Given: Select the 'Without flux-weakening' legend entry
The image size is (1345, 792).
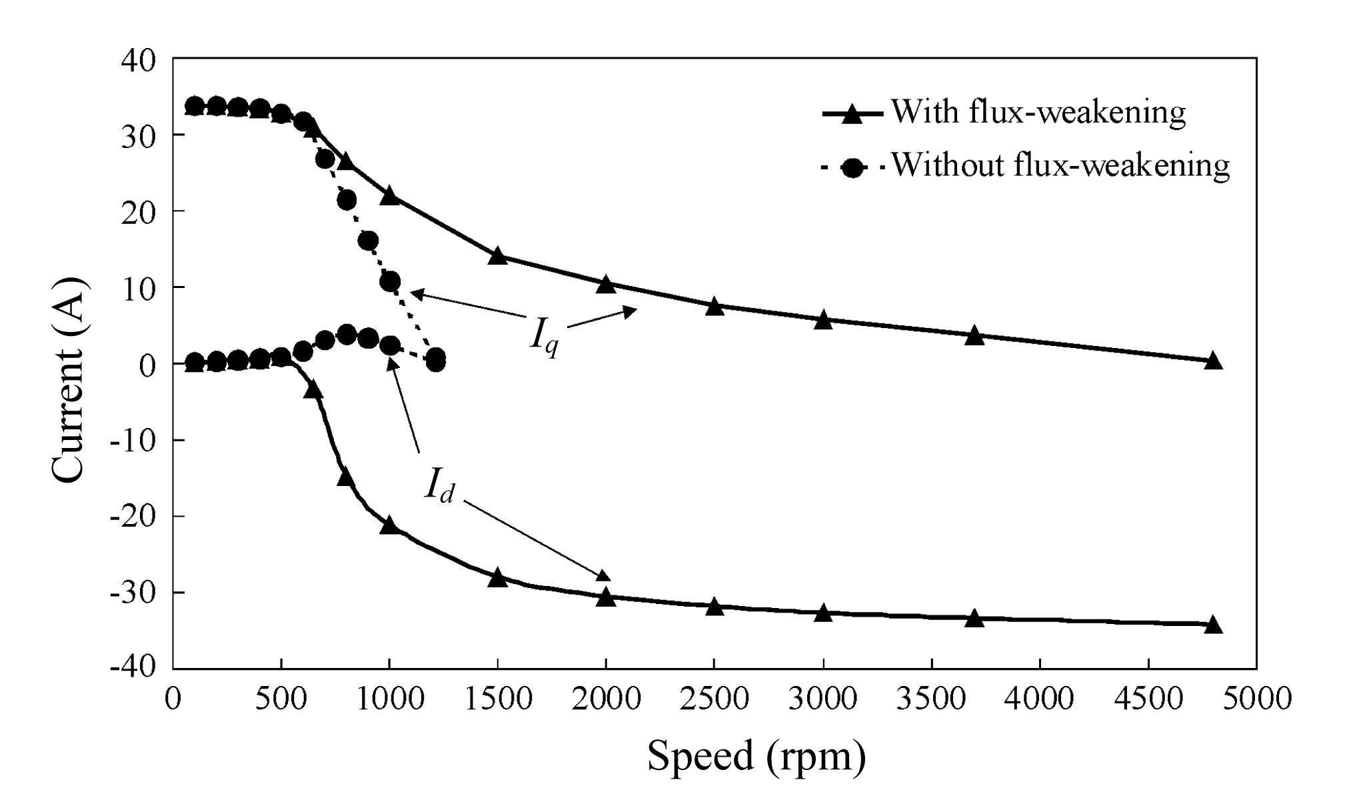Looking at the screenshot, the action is click(x=1025, y=165).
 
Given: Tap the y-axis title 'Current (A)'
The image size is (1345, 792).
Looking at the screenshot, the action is click(x=69, y=379).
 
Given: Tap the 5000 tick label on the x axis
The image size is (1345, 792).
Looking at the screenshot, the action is click(x=1256, y=699).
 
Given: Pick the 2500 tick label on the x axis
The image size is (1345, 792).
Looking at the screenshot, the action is click(x=714, y=699).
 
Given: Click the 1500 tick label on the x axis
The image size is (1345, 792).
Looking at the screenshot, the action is click(x=498, y=699).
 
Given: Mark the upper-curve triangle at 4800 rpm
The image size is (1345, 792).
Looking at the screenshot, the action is click(x=1213, y=361).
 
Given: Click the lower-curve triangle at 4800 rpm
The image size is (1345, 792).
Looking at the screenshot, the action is click(x=1213, y=625).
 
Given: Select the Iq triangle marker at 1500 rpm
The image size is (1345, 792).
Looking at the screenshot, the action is click(x=498, y=256).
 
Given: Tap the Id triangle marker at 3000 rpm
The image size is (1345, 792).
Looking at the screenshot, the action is click(x=823, y=613).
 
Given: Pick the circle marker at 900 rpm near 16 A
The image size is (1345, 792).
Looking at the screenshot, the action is click(x=368, y=241).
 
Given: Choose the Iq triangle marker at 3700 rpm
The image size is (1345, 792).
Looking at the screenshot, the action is click(x=974, y=335).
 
